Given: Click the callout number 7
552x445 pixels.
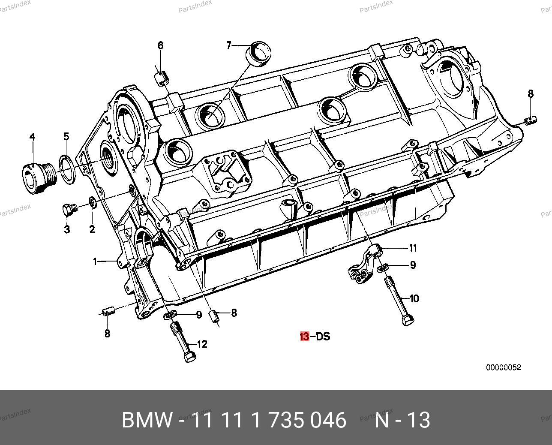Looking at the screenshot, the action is (229, 45).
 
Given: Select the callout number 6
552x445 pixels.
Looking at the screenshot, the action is (161, 46).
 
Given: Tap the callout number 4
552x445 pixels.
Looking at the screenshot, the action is (32, 137).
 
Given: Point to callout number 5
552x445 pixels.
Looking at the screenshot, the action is (66, 136).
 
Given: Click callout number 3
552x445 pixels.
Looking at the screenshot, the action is (67, 229).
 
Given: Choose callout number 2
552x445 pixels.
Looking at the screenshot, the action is (92, 229).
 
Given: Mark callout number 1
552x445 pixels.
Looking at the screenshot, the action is (95, 262).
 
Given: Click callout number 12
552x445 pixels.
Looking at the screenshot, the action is (202, 344).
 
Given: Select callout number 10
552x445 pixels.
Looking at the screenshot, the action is (414, 298).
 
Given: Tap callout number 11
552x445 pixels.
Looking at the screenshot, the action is (413, 248).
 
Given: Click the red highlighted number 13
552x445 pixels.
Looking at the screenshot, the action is (305, 336).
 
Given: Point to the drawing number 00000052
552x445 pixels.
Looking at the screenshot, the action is (504, 367).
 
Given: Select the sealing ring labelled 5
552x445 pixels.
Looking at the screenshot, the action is (67, 169).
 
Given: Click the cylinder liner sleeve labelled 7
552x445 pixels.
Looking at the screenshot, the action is (258, 55).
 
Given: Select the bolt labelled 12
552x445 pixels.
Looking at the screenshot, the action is (183, 342).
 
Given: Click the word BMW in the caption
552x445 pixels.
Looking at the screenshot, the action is (147, 420).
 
